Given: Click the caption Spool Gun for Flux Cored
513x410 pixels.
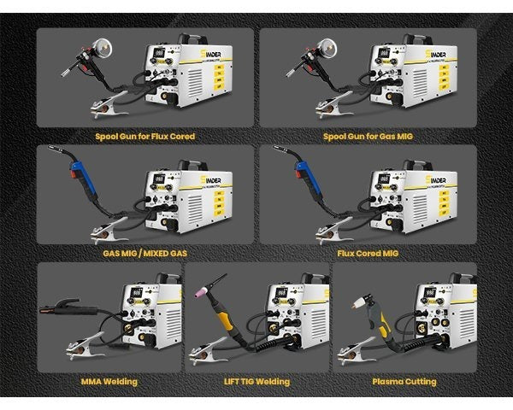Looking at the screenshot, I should point(145,136).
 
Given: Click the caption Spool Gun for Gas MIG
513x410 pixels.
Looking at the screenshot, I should point(368,136).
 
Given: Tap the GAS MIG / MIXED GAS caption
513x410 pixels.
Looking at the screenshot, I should point(145,254).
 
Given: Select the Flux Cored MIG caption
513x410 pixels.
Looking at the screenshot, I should point(368,254).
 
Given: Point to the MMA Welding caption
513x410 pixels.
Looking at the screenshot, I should point(109,382).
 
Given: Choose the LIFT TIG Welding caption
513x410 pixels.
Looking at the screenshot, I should point(256,382).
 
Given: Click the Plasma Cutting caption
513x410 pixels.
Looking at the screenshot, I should point(404,382).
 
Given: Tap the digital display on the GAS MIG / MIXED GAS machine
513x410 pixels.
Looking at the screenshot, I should point(157,180).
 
